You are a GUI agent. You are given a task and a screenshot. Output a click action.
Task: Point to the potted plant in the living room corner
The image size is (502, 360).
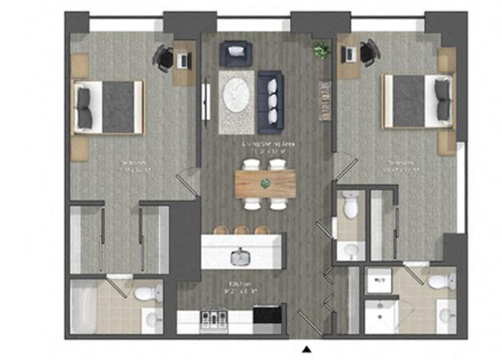321,51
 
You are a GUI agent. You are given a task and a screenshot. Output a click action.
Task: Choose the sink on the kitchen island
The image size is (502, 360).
241,257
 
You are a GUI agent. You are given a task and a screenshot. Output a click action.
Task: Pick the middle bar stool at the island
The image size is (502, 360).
241,229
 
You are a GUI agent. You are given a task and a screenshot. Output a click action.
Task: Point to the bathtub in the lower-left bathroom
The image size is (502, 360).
84,307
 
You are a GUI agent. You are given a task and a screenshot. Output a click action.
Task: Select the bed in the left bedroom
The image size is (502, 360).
109,106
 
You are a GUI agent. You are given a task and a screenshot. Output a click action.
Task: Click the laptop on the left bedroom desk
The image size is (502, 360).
183,57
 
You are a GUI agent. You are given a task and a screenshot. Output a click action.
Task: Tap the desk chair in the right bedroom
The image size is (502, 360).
369,52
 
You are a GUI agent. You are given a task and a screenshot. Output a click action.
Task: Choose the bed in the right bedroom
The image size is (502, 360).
417,100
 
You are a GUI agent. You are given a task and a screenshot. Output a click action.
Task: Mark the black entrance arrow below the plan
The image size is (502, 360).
307,348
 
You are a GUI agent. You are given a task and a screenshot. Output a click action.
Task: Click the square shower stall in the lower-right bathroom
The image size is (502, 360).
382,316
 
